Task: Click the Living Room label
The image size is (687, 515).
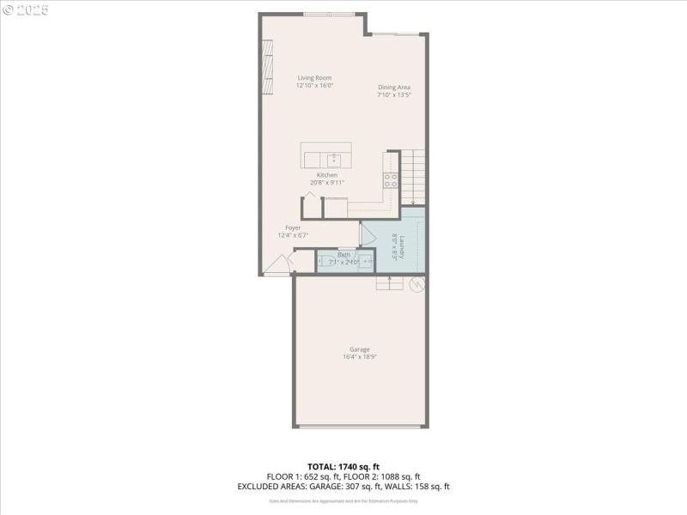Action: (314, 78)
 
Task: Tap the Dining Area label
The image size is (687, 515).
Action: (394, 88)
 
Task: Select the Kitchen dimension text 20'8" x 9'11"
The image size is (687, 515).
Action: (326, 182)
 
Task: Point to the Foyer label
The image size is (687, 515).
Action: (293, 227)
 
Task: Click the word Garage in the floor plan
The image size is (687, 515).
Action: (360, 349)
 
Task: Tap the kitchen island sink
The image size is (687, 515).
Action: (333, 159)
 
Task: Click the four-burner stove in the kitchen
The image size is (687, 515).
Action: (390, 180)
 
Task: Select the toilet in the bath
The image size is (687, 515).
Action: (327, 263)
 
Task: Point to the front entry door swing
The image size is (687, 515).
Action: (277, 265)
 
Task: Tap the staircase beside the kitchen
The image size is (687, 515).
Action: (413, 176)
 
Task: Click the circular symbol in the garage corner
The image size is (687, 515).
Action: (417, 284)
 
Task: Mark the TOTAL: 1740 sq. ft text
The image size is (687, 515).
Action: (343, 466)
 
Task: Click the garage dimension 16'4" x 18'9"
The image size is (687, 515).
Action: (360, 358)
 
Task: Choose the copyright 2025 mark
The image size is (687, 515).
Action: (27, 10)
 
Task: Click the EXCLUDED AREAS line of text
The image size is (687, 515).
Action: (343, 487)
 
